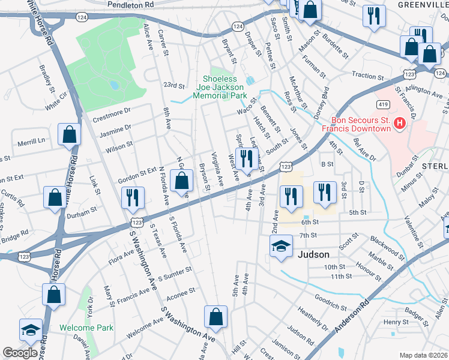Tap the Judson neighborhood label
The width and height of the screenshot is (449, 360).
coord(314,254)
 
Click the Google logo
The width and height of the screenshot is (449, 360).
coord(20,353)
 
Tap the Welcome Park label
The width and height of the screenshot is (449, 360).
coord(86,328)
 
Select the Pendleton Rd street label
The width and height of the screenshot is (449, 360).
coord(130,4)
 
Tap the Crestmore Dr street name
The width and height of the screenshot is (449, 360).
coord(111,112)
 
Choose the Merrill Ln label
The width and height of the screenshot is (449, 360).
coord(31,142)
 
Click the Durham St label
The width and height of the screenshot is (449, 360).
coord(81,213)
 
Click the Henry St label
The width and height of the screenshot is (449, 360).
coord(396,322)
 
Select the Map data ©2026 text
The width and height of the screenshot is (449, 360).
coord(423,355)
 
